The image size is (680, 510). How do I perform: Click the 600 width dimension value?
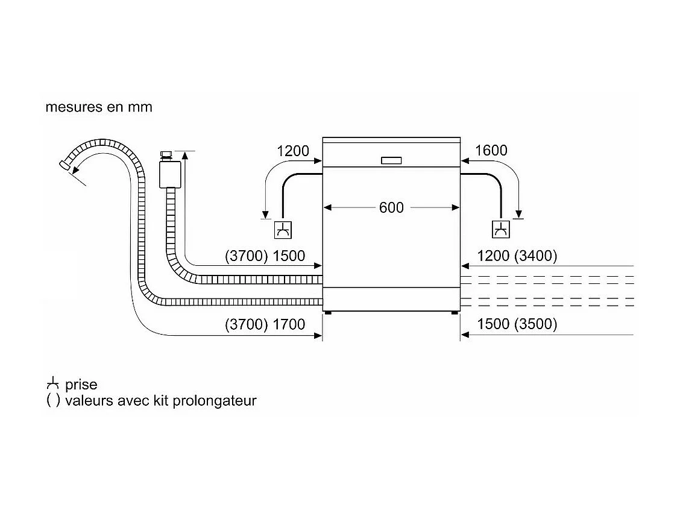[391, 207]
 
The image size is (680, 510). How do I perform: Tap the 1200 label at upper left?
[293, 151]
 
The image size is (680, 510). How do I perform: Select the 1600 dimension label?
[491, 151]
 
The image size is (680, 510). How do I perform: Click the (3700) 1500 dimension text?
[265, 256]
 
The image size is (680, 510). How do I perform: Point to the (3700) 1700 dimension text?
[265, 325]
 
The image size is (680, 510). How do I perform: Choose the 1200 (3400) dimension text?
[517, 256]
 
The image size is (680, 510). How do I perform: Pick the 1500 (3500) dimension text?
[517, 325]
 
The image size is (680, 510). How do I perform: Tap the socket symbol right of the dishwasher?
[500, 230]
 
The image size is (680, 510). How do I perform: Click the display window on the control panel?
[391, 160]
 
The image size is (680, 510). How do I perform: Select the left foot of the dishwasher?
[327, 313]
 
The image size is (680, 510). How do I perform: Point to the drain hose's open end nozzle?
[65, 164]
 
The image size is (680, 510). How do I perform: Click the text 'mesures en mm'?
[99, 107]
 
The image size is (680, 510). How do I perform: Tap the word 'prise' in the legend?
[81, 385]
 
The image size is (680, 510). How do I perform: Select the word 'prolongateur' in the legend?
[215, 401]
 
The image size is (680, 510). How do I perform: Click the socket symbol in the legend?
[53, 384]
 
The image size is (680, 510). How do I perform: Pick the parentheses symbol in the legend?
[53, 401]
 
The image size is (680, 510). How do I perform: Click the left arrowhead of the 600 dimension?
[328, 207]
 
